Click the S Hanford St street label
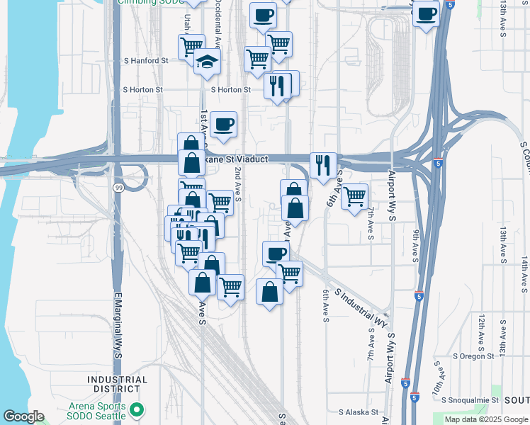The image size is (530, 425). (x=145, y=61)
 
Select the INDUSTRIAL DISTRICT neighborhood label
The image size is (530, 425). (x=118, y=384)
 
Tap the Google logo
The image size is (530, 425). (x=23, y=416)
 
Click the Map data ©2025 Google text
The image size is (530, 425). (x=486, y=419)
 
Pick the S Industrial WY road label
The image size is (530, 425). (x=361, y=306)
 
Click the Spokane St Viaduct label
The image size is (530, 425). (x=237, y=159)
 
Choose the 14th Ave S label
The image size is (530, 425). (x=524, y=273)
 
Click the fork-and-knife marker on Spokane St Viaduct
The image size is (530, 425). (x=323, y=165)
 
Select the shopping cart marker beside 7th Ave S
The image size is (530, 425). (x=354, y=195)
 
